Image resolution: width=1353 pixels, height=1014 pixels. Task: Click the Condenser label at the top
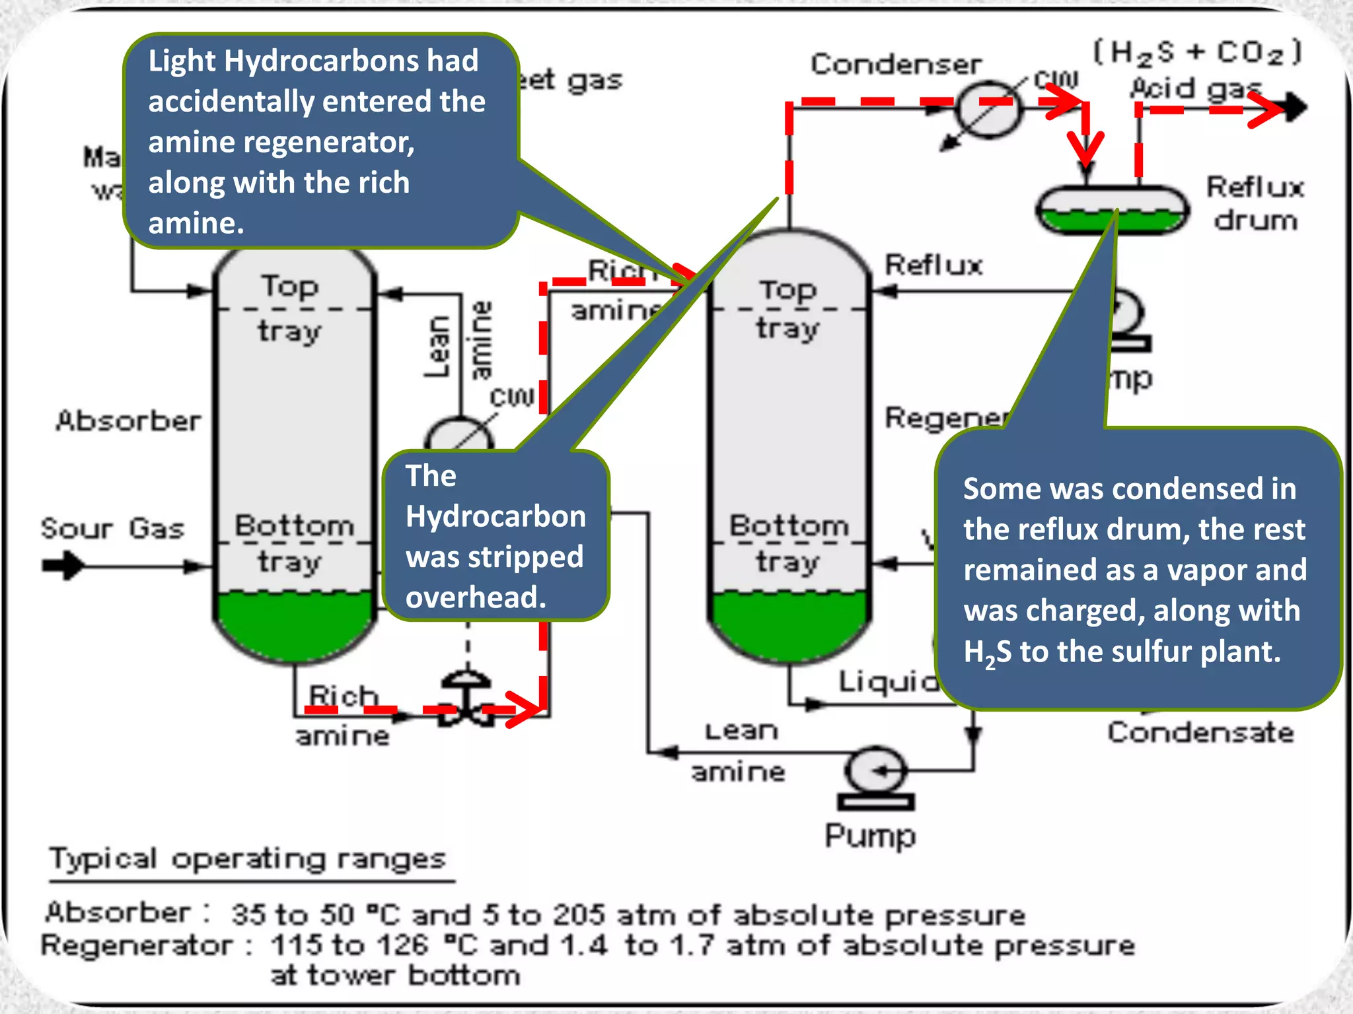tap(896, 65)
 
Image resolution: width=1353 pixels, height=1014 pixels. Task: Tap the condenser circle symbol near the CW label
tap(988, 110)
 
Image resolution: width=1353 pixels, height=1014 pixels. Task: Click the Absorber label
tap(129, 421)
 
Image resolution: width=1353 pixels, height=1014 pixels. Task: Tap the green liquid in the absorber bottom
tap(294, 624)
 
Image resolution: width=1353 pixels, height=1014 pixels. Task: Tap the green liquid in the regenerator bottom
tap(789, 624)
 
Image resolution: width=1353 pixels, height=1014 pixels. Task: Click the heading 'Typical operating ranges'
tap(248, 859)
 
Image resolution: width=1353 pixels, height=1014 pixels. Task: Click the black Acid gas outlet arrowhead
tap(1296, 108)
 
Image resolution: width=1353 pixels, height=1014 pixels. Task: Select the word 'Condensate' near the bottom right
tap(1200, 733)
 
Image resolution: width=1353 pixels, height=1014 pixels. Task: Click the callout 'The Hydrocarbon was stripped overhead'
tap(495, 536)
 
